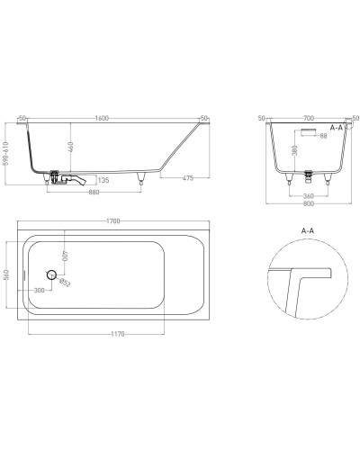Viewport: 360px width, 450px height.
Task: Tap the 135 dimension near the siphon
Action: coord(104,181)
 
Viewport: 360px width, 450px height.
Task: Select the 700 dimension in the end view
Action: coord(310,118)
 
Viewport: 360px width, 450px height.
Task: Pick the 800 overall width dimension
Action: coord(310,204)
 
